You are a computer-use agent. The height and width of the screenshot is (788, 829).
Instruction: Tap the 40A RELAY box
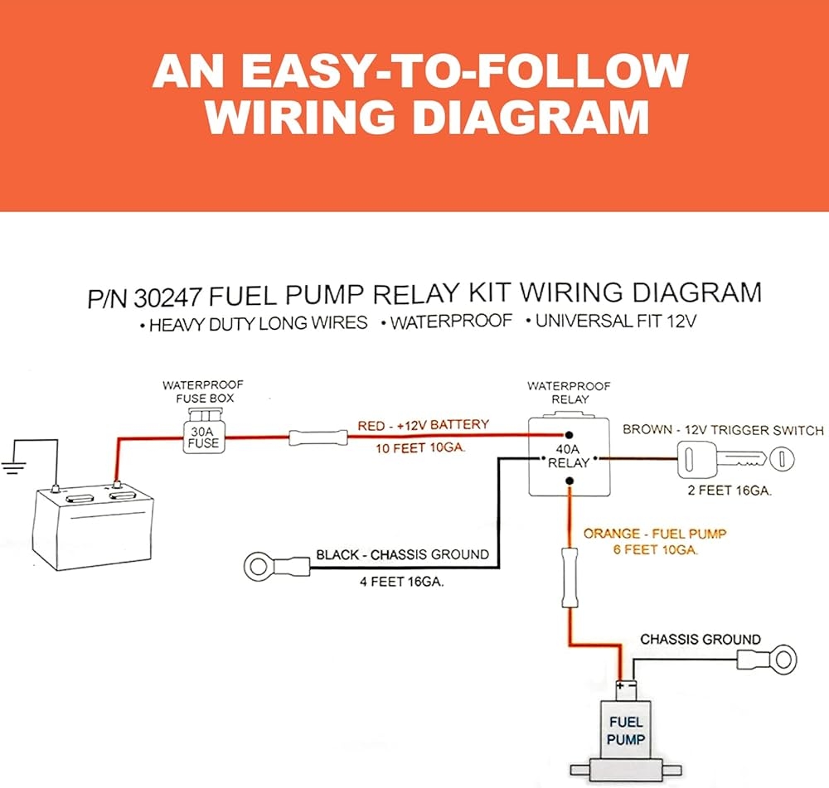coord(568,457)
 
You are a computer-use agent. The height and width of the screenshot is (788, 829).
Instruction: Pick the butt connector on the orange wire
coord(569,577)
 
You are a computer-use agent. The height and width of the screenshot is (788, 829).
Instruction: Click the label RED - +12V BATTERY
coord(423,426)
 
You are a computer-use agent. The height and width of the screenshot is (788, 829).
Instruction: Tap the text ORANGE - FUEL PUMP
coord(642,533)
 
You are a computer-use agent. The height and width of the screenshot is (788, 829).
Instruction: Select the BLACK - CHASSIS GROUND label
coord(402,554)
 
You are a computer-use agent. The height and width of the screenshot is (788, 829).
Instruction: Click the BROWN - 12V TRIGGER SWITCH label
coord(723,430)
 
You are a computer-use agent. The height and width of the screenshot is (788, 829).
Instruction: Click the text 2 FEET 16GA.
coord(730,491)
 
